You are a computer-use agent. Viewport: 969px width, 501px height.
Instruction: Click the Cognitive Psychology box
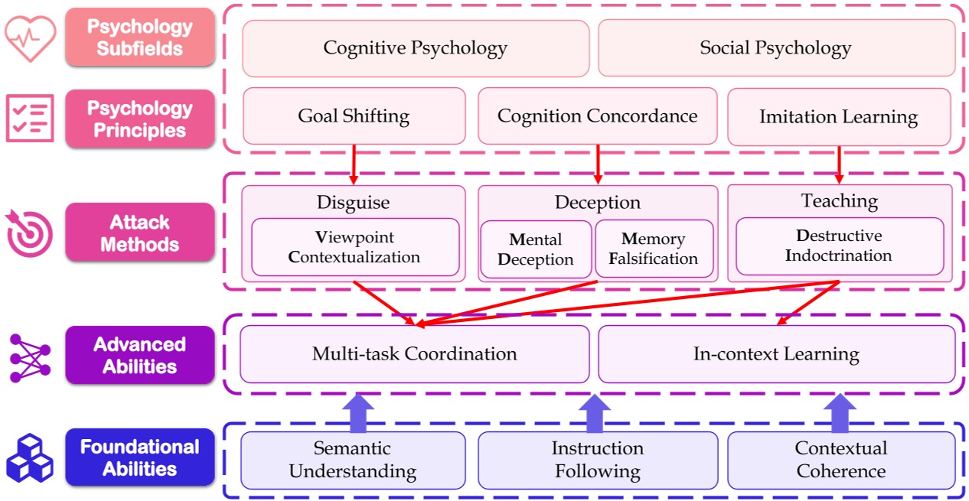pyautogui.click(x=416, y=48)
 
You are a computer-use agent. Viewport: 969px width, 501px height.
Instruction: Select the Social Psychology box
pyautogui.click(x=776, y=48)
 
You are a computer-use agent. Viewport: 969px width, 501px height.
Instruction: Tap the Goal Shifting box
pyautogui.click(x=354, y=116)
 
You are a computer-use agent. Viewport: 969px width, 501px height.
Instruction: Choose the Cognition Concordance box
pyautogui.click(x=597, y=116)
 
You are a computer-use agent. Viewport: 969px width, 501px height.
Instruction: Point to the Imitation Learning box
pyautogui.click(x=839, y=116)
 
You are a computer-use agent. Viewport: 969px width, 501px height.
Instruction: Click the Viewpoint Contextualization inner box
pyautogui.click(x=355, y=247)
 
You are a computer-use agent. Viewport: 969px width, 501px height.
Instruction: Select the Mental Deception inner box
pyautogui.click(x=536, y=249)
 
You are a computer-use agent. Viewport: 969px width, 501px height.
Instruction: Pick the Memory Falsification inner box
pyautogui.click(x=654, y=249)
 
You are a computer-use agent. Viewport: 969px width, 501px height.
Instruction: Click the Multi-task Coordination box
pyautogui.click(x=414, y=354)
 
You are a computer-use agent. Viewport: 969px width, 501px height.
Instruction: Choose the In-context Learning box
pyautogui.click(x=776, y=354)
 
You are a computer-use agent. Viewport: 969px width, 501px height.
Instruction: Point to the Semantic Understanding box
pyautogui.click(x=353, y=460)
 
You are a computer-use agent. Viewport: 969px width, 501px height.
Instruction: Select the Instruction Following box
pyautogui.click(x=597, y=460)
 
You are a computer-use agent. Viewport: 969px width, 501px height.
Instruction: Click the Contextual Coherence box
pyautogui.click(x=840, y=460)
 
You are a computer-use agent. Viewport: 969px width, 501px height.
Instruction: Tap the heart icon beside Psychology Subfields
pyautogui.click(x=30, y=38)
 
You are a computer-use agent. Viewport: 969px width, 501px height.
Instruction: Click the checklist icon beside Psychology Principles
pyautogui.click(x=30, y=119)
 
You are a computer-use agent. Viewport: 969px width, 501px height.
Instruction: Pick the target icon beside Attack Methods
pyautogui.click(x=29, y=233)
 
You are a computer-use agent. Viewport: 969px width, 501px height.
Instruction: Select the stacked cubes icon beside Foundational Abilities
pyautogui.click(x=30, y=457)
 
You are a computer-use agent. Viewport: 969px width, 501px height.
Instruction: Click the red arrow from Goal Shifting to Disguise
pyautogui.click(x=354, y=164)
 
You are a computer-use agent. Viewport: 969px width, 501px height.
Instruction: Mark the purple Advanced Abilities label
pyautogui.click(x=140, y=355)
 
